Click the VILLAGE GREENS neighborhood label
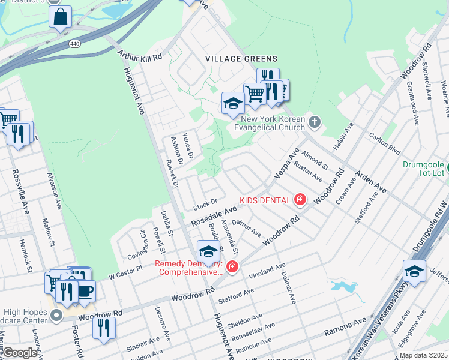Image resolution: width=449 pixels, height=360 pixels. click(x=241, y=59)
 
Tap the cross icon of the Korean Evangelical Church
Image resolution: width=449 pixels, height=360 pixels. click(x=315, y=123)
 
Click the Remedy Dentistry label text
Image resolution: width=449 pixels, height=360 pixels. click(x=188, y=268)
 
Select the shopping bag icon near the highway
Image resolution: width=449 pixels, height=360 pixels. click(x=60, y=18)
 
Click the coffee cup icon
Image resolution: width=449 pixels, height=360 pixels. click(x=85, y=291)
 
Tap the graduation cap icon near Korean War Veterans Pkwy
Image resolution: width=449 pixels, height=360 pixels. click(x=414, y=271)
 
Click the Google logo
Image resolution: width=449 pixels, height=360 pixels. click(x=20, y=353)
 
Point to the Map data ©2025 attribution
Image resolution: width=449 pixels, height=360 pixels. click(x=423, y=355)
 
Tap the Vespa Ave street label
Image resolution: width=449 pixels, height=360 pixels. click(x=286, y=163)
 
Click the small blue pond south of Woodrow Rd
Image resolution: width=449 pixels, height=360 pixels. click(x=343, y=286)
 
